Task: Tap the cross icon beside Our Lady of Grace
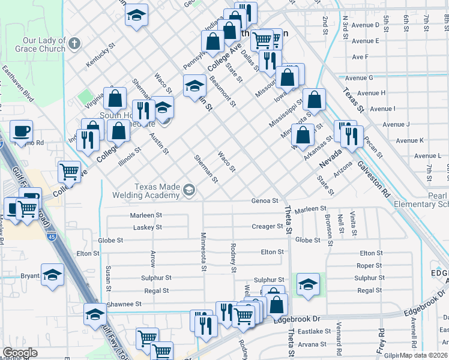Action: coord(74,43)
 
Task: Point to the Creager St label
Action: coord(267,226)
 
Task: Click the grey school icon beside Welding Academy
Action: coord(190,191)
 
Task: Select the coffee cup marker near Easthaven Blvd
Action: coord(21,131)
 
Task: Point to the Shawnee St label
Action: coord(124,304)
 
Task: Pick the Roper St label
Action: coord(369,266)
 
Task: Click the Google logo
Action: coord(20,353)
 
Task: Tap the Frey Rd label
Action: coord(381,340)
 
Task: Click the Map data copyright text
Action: coord(423,355)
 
